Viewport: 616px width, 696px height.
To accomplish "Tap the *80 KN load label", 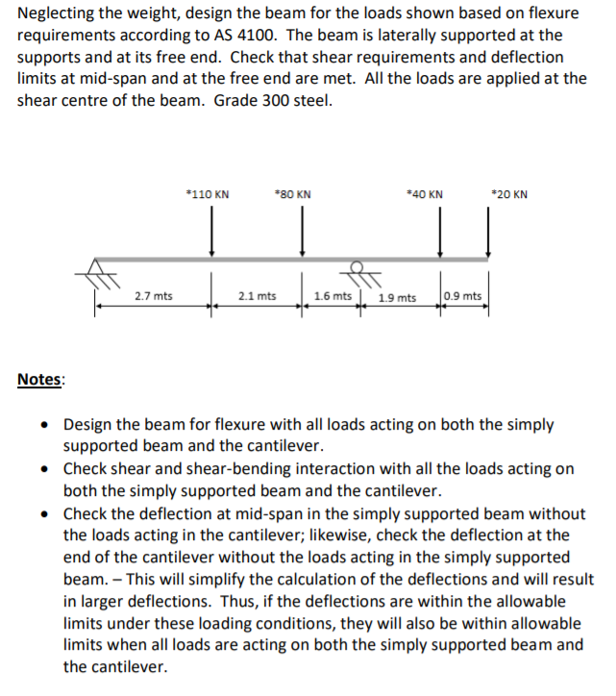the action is pyautogui.click(x=293, y=194).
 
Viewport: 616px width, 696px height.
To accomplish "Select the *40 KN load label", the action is pyautogui.click(x=425, y=194).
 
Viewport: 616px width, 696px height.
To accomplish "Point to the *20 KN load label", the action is pyautogui.click(x=508, y=194).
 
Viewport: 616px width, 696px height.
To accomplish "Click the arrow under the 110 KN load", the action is pyautogui.click(x=212, y=236).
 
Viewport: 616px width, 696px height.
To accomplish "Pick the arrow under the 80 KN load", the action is pyautogui.click(x=303, y=236).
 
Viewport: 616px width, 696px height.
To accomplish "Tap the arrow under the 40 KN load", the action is pyautogui.click(x=441, y=236).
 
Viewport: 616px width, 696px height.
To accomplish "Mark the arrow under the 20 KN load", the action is pyautogui.click(x=488, y=236).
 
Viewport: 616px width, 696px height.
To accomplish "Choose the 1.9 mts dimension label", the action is pyautogui.click(x=397, y=297).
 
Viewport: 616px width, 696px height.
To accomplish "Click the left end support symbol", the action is pyautogui.click(x=96, y=272).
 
